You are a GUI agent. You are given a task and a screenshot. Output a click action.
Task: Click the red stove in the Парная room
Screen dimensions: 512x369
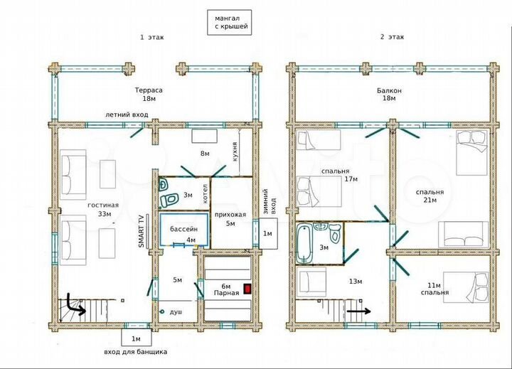tap(247, 289)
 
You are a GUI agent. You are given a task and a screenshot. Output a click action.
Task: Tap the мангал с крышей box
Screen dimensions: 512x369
tap(229, 22)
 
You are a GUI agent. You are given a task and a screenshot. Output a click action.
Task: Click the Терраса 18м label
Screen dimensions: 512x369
tap(149, 94)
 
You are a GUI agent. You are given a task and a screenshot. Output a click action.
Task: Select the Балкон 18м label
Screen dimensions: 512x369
tap(389, 94)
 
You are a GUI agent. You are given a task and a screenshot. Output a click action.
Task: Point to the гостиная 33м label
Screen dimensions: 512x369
tap(103, 209)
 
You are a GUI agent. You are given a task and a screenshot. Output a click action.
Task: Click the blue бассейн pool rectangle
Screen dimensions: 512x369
tap(184, 229)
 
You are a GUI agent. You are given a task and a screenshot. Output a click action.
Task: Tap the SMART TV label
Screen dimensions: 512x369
tap(142, 231)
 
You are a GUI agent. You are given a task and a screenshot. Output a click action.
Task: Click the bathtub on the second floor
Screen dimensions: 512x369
tap(304, 243)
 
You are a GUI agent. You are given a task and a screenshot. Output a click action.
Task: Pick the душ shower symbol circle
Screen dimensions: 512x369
tap(161, 312)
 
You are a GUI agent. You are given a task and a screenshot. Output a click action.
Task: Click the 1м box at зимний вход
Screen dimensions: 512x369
tap(267, 233)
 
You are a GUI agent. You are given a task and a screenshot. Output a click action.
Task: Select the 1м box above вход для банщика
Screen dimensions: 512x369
tap(136, 337)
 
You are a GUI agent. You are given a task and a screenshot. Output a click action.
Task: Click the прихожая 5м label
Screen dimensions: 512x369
tap(230, 219)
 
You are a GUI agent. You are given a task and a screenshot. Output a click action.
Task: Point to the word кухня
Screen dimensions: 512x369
tap(235, 151)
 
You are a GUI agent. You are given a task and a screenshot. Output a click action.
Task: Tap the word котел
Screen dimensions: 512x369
tap(205, 193)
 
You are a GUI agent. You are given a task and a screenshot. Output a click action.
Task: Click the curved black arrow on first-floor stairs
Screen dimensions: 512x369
tap(75, 305)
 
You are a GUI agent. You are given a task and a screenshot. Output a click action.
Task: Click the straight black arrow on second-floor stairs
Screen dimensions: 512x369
tap(358, 311)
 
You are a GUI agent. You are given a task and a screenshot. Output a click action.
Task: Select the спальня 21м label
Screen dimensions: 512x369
tap(430, 196)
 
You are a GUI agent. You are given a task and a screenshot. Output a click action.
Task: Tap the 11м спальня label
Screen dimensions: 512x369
tap(434, 289)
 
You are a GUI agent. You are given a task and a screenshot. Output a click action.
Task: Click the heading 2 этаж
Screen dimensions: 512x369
tap(392, 37)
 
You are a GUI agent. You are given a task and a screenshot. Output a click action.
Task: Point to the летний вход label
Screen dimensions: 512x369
tap(127, 114)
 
